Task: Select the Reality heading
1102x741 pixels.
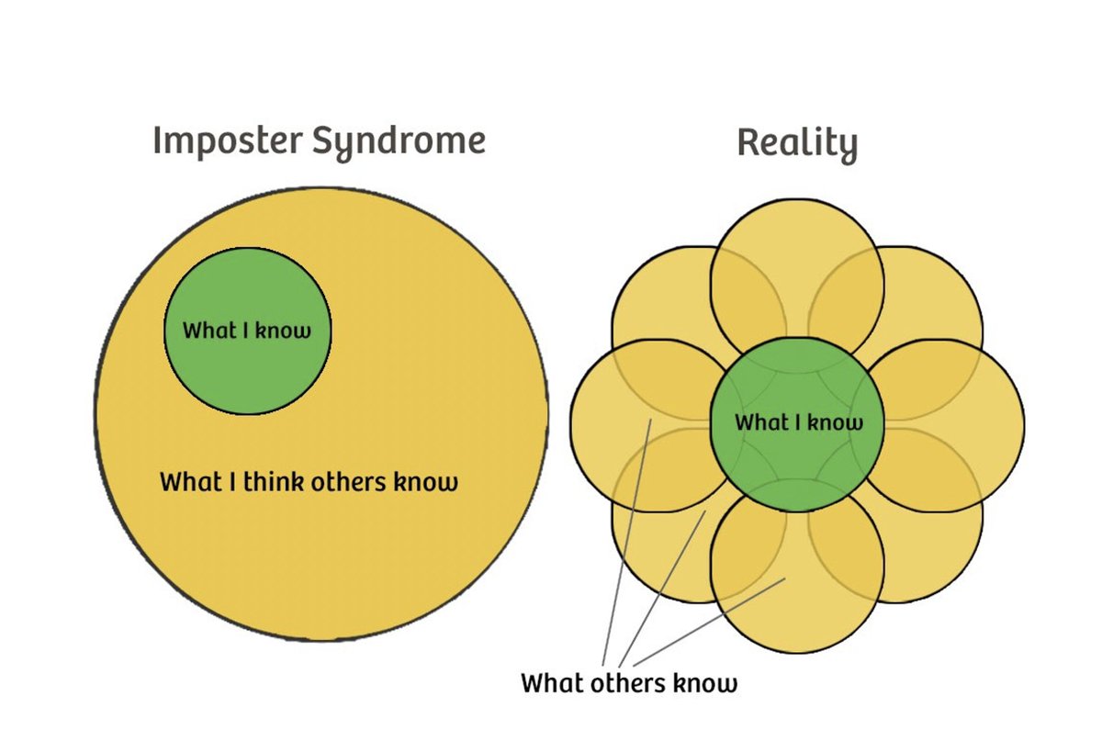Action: click(797, 144)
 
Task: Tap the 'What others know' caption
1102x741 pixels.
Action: click(629, 684)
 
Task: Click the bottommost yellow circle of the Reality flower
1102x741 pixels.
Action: click(797, 615)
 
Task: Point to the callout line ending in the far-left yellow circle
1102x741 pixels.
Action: click(626, 542)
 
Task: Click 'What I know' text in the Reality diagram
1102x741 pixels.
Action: click(799, 423)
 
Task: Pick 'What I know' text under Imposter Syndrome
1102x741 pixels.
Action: click(247, 331)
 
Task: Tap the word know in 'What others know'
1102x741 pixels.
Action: click(703, 684)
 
